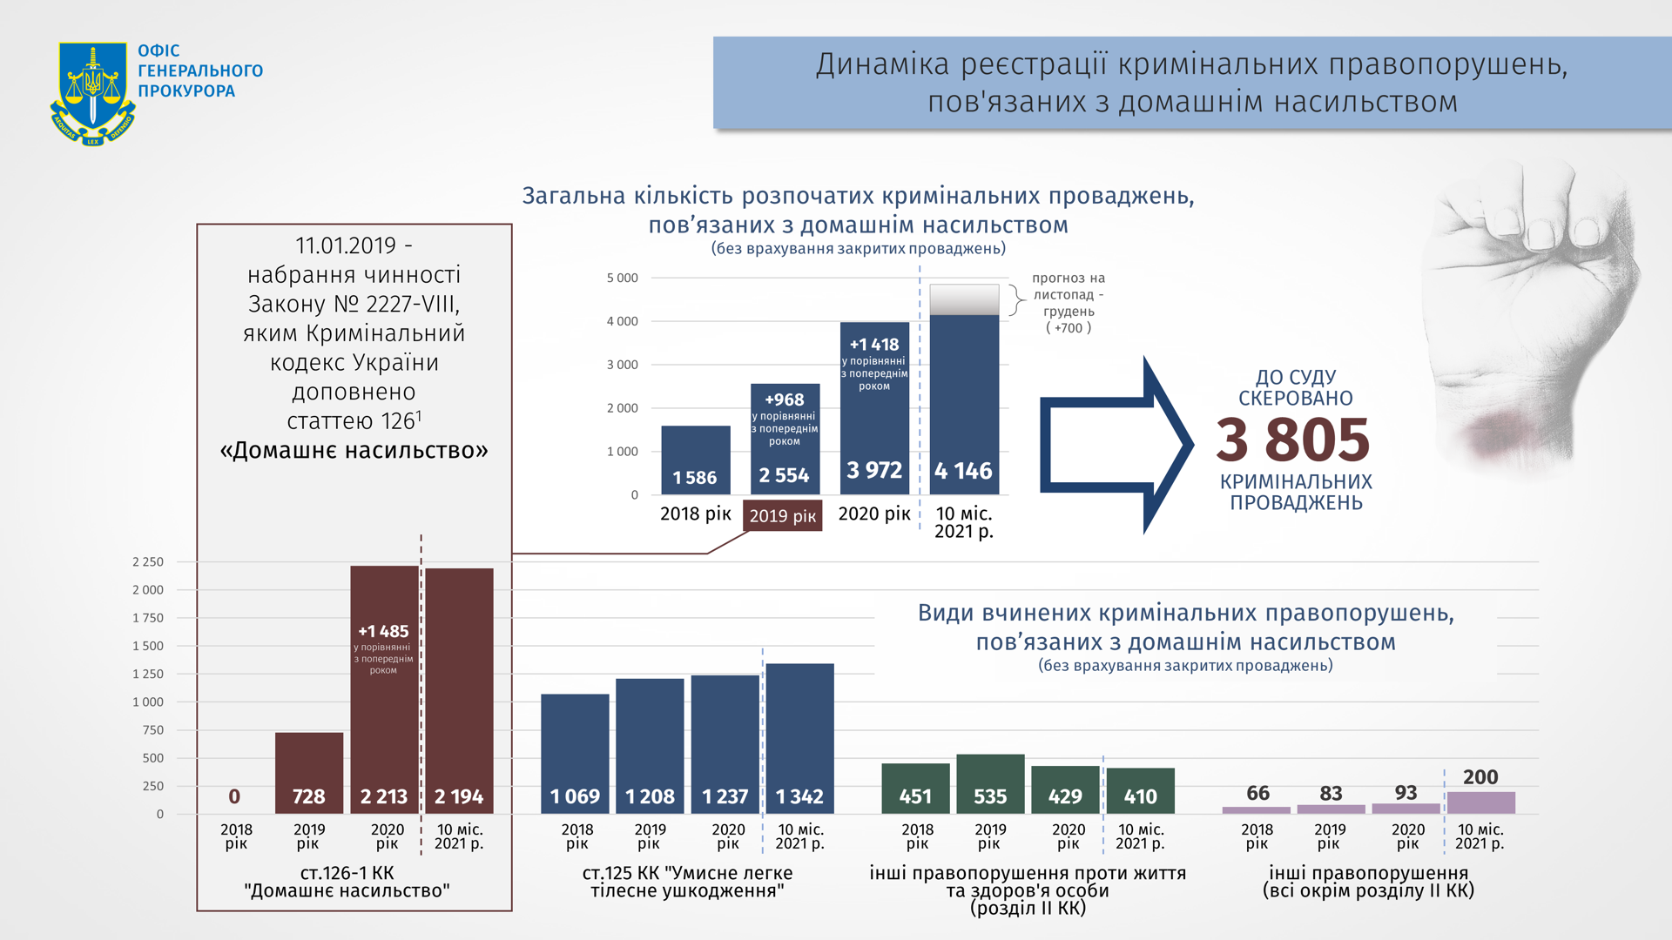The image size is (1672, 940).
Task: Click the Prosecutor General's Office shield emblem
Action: (92, 93)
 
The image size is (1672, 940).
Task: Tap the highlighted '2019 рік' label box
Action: (782, 516)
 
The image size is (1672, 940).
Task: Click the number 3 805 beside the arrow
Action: (1292, 440)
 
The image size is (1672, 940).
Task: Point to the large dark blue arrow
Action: (1116, 444)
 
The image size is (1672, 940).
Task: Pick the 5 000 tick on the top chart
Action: (622, 279)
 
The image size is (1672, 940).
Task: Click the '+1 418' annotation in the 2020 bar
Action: (874, 345)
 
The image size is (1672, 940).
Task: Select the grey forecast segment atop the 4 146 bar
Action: (964, 299)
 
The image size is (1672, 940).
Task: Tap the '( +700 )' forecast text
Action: (1069, 328)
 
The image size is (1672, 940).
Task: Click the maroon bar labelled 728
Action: (309, 772)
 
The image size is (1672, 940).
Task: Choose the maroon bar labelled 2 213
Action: (384, 714)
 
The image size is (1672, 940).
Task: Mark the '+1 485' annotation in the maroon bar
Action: (383, 632)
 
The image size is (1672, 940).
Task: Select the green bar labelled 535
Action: (990, 783)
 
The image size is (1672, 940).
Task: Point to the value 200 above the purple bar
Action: (1480, 777)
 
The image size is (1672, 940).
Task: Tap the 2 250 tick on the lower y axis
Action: (148, 562)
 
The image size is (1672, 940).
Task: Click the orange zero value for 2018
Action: (234, 796)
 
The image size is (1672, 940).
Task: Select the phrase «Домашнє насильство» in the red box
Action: (354, 451)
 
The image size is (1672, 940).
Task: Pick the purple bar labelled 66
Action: (1256, 809)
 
